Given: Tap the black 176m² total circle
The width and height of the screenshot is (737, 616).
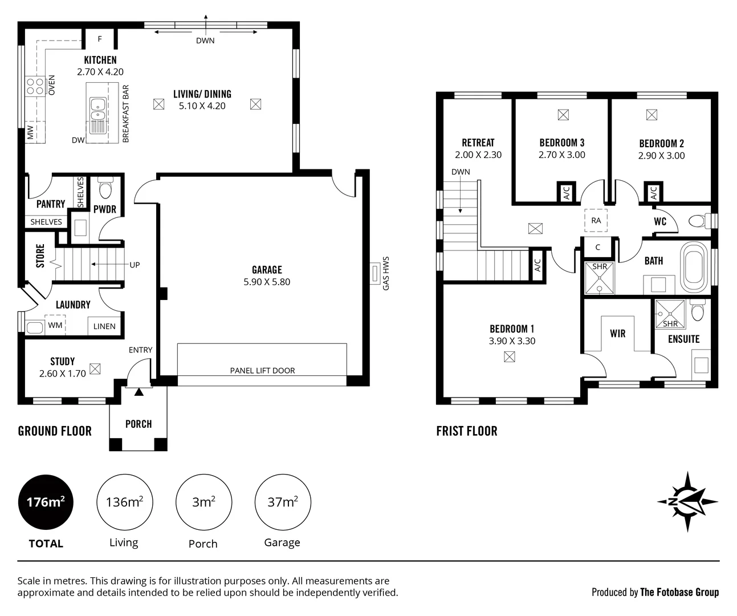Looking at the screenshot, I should pyautogui.click(x=46, y=502).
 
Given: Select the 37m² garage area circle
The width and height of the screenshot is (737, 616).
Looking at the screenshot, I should pyautogui.click(x=282, y=502).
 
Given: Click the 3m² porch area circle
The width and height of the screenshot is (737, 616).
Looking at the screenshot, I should pyautogui.click(x=203, y=502).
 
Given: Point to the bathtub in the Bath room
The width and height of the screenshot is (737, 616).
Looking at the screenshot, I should pyautogui.click(x=694, y=266).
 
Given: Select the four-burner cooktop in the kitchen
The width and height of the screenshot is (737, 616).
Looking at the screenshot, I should pyautogui.click(x=35, y=86).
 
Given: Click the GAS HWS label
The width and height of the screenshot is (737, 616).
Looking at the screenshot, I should pyautogui.click(x=386, y=274).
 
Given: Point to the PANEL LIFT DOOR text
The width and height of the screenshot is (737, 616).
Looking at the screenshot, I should pyautogui.click(x=262, y=370).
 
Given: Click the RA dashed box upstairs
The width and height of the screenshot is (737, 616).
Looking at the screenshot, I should pyautogui.click(x=596, y=220).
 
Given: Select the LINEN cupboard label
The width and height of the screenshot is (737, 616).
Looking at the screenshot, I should pyautogui.click(x=104, y=326).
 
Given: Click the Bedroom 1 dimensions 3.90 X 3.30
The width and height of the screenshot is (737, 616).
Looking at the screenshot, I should pyautogui.click(x=512, y=341).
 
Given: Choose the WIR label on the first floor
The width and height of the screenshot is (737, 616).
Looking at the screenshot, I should pyautogui.click(x=618, y=334).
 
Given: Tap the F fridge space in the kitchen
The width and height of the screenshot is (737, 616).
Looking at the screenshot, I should pyautogui.click(x=100, y=39).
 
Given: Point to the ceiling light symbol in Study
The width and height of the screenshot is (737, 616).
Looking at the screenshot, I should pyautogui.click(x=95, y=369).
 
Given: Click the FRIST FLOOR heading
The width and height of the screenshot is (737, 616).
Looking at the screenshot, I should pyautogui.click(x=466, y=431).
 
